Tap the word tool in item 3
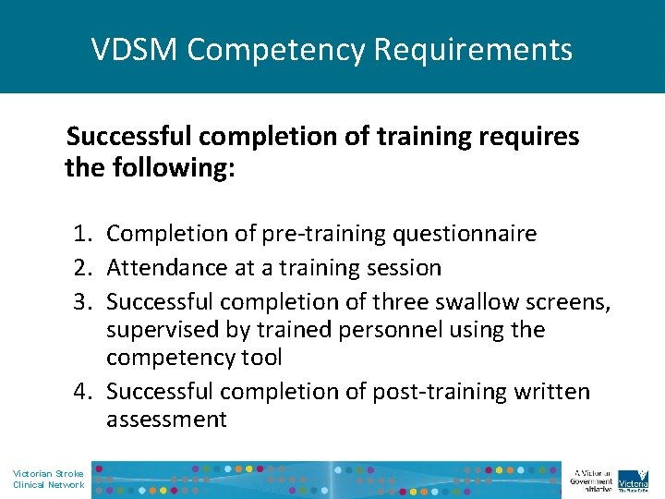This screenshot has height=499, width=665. [x=261, y=358]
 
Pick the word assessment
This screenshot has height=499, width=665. [x=166, y=420]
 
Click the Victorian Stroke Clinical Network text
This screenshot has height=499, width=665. [x=48, y=479]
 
